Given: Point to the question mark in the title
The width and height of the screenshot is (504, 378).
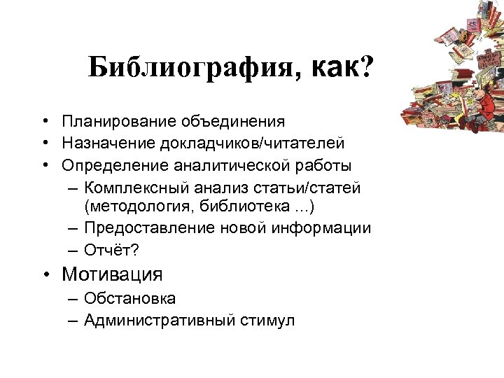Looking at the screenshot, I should click(x=365, y=68).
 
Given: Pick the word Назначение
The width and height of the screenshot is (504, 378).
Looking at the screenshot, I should click(x=108, y=143).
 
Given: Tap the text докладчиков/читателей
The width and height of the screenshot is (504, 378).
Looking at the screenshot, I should click(x=251, y=143).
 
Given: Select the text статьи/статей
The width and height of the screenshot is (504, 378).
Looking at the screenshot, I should click(x=316, y=188).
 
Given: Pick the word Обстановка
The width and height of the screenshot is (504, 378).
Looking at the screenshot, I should click(x=129, y=298).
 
